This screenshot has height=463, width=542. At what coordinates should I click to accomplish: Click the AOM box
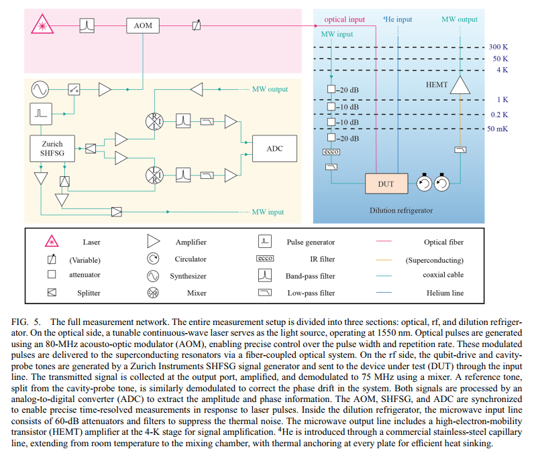pos(143,25)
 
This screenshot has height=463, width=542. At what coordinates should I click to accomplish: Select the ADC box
pos(274,149)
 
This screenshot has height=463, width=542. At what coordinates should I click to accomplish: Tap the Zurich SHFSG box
pos(52,149)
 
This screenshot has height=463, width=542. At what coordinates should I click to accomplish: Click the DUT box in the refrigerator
pos(386,184)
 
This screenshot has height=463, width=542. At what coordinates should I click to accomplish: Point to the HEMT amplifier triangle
pos(460,86)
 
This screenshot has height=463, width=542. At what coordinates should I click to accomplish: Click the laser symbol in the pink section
pos(42,24)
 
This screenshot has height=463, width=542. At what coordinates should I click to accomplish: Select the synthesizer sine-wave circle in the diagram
pos(40,89)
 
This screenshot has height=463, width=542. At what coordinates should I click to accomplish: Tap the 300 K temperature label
pos(498,47)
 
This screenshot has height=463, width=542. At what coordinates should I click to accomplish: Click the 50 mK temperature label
pos(498,129)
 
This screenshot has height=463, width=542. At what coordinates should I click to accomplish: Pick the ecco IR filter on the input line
pos(331,151)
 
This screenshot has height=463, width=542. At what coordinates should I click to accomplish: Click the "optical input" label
pos(344,19)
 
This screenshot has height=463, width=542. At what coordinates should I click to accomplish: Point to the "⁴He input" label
pos(397,19)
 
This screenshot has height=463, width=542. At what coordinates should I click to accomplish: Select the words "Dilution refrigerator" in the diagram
pos(401,210)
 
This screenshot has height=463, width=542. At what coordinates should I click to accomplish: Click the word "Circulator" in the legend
pos(191,259)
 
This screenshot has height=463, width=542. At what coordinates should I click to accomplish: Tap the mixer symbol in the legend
pos(153,293)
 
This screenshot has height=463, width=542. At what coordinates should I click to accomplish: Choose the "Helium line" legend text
pos(445,293)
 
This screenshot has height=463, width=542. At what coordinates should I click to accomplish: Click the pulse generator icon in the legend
pos(265,241)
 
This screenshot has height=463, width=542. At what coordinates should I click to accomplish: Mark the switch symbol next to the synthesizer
pos(74,89)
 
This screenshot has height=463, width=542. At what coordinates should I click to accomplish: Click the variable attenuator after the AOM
pos(197,25)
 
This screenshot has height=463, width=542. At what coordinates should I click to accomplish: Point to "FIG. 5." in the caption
pos(26,322)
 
